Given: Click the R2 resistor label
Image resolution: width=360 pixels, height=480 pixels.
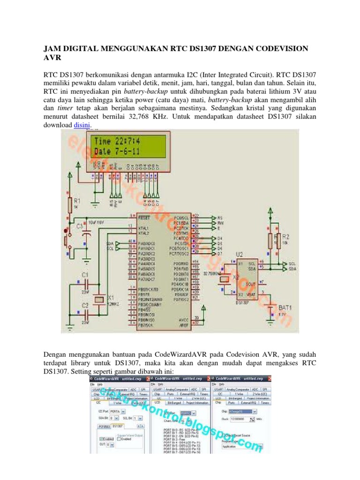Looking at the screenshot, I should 285,236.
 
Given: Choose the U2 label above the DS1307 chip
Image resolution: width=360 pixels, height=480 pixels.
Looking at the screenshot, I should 239,255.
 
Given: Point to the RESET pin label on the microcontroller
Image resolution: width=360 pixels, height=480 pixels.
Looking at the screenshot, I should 143,218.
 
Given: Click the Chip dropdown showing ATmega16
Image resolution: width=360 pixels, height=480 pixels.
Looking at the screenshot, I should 240,411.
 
